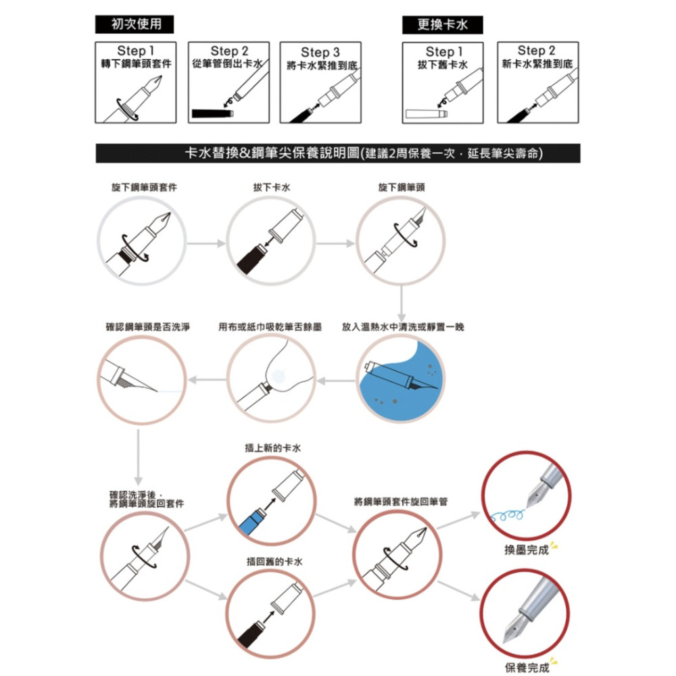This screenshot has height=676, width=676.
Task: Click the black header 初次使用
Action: tap(135, 24)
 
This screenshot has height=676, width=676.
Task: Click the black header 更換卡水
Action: tap(442, 24)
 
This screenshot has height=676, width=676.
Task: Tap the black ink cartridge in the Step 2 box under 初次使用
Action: tap(212, 114)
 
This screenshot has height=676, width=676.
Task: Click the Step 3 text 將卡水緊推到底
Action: tap(322, 66)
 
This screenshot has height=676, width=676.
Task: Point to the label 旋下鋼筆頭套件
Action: tap(144, 187)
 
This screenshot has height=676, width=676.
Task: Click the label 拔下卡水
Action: tap(272, 187)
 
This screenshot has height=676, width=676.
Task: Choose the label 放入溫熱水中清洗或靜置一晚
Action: tap(403, 327)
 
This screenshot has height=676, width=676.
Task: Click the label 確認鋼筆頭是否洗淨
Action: tap(148, 327)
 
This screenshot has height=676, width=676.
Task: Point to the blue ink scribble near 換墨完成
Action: tap(508, 514)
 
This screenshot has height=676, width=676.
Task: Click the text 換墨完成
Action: tap(527, 550)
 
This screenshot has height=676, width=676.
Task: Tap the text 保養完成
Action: tap(527, 668)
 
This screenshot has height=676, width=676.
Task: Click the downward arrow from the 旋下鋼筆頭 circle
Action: tap(402, 304)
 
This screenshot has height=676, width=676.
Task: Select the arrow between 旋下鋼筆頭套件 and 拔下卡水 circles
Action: tap(206, 243)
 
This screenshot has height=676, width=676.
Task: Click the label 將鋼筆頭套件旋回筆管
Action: tap(401, 502)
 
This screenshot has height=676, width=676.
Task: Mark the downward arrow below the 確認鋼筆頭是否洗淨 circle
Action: tap(139, 458)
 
